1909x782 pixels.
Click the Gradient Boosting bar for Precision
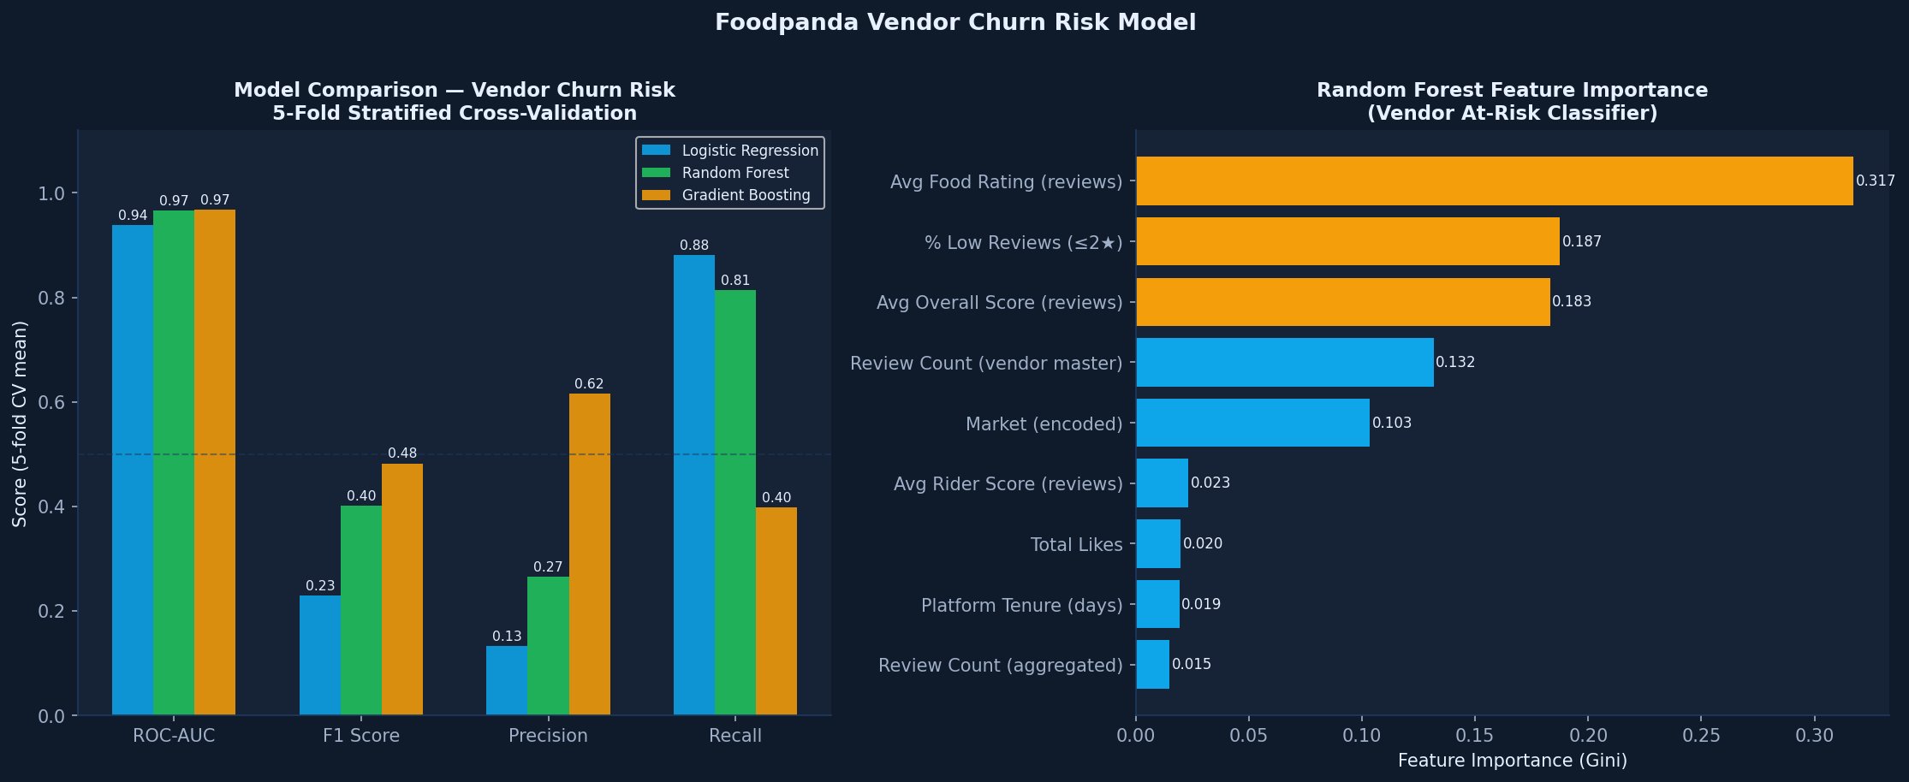pos(589,554)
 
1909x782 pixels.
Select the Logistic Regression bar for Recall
pos(693,485)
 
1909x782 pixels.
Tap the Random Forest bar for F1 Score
pos(360,610)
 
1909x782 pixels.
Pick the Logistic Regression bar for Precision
pos(506,680)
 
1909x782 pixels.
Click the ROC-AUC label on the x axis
pos(174,736)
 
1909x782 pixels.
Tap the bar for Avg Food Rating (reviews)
pos(1494,181)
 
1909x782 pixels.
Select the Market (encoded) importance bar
pos(1252,423)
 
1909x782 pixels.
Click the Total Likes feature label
pos(1076,545)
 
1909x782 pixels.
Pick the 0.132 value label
pos(1455,363)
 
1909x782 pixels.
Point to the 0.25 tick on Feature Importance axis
pos(1700,736)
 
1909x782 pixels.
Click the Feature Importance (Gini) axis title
pos(1512,761)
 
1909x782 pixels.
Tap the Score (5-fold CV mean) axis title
pos(20,424)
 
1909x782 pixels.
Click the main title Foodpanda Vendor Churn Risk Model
pos(954,23)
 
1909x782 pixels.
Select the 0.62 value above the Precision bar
pos(589,384)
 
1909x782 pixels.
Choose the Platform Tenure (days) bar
pos(1157,604)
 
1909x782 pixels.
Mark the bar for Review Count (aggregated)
pos(1152,665)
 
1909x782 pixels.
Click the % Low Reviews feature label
pos(1023,243)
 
